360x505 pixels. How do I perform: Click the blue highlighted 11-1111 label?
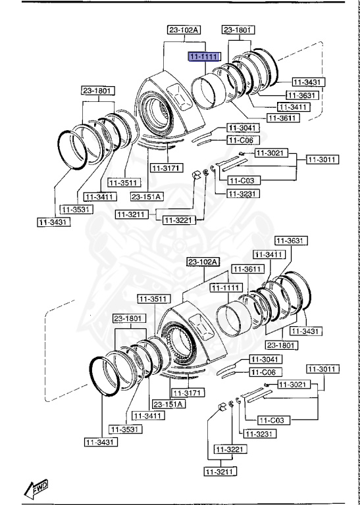[203, 58]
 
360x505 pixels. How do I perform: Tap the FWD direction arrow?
[38, 488]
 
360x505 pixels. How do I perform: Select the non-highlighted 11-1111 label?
[225, 288]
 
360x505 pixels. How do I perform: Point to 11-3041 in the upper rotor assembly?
[243, 128]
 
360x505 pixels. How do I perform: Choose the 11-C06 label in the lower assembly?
[264, 372]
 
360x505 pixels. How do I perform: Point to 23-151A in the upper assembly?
[147, 196]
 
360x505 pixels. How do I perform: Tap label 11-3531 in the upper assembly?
[76, 209]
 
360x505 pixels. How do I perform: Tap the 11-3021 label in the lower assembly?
[292, 384]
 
